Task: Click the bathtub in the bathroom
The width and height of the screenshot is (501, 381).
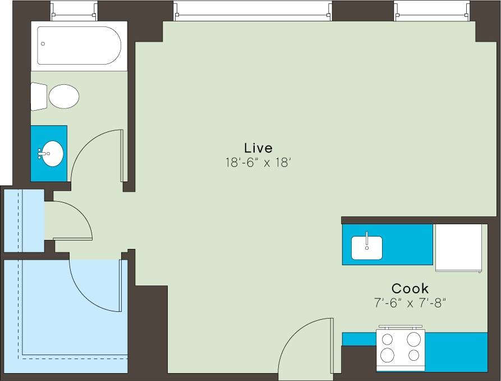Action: (79, 46)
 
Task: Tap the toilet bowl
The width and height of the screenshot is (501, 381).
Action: (63, 97)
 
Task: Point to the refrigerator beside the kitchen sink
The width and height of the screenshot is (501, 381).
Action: (458, 247)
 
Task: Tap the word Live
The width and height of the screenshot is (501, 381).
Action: (258, 148)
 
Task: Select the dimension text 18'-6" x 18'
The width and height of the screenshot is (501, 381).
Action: (258, 163)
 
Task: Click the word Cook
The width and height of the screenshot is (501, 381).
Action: (410, 288)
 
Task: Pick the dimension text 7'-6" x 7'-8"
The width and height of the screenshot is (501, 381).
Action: (410, 303)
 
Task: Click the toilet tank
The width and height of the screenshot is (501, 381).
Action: (38, 96)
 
